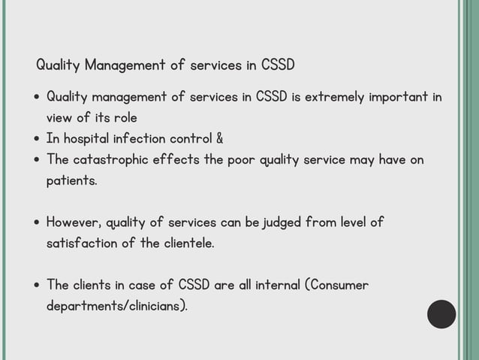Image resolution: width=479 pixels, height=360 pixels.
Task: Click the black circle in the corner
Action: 441,314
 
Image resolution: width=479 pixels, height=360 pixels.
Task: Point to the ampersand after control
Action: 219,139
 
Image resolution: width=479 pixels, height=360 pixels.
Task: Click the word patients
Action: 71,181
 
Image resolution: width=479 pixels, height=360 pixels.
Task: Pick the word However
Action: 74,222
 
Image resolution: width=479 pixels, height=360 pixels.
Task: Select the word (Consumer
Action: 336,286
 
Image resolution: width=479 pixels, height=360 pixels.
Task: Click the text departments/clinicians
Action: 116,307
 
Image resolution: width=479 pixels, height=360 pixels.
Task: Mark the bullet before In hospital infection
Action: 38,140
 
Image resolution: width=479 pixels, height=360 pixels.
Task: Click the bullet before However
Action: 38,223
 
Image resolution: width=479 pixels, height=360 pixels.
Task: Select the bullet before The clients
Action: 38,286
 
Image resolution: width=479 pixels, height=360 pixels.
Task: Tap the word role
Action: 125,118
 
